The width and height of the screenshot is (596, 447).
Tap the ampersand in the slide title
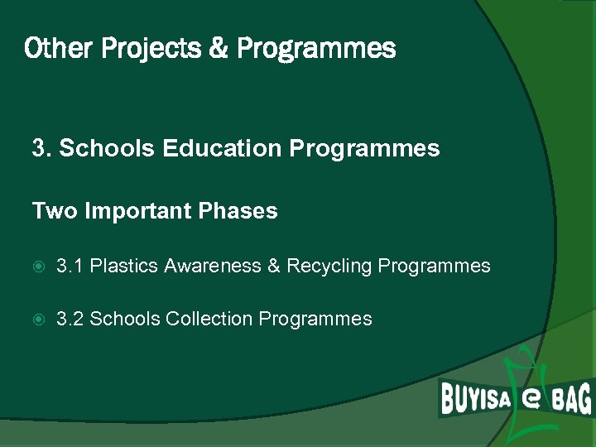tap(219, 49)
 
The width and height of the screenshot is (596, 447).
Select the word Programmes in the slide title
tap(316, 50)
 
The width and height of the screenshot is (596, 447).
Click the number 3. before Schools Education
tap(41, 149)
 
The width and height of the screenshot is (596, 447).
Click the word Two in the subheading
tap(50, 211)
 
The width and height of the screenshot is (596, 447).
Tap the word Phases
tap(238, 212)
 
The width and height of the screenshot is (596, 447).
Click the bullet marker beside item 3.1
tap(39, 267)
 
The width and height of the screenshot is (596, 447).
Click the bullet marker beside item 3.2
tap(39, 320)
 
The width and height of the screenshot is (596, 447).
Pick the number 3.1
tap(70, 267)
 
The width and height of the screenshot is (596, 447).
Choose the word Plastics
tap(124, 267)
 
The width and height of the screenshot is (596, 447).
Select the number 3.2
tap(70, 319)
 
